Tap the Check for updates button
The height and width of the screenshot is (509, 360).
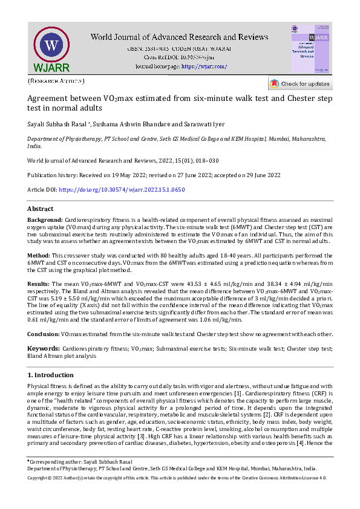pyautogui.click(x=300, y=83)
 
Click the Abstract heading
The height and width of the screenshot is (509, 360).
pyautogui.click(x=41, y=209)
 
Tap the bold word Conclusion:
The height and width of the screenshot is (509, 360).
pyautogui.click(x=44, y=334)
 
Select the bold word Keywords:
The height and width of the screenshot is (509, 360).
pyautogui.click(x=43, y=349)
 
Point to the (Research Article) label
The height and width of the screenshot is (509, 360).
pyautogui.click(x=56, y=80)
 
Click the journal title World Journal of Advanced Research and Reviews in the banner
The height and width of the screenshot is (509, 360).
pyautogui.click(x=172, y=37)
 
